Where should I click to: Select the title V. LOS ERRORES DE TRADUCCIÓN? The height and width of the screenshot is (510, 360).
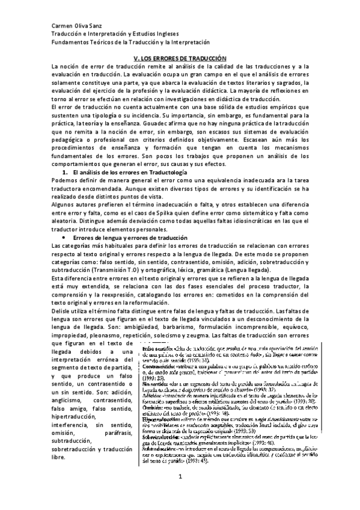point(180,57)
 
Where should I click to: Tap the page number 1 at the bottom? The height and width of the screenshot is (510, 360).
point(179,494)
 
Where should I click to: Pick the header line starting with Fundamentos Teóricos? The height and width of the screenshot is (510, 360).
point(130,43)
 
